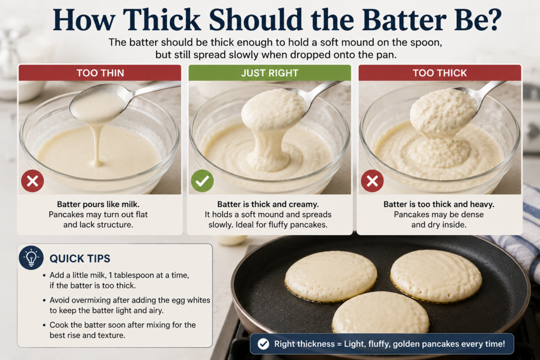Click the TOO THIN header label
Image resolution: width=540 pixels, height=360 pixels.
tap(100, 73)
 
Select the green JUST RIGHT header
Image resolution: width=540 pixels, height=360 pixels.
tap(269, 73)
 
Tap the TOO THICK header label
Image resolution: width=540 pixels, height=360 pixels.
tap(440, 73)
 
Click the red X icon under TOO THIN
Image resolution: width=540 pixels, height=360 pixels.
tap(32, 181)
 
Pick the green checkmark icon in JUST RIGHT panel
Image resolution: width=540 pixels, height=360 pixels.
tap(202, 181)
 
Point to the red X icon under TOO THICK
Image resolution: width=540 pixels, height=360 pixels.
tap(372, 181)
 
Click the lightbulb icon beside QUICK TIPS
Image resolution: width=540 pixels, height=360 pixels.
tap(31, 257)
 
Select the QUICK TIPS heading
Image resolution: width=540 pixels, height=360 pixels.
tap(80, 258)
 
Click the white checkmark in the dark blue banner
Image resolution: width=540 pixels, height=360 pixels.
tap(264, 344)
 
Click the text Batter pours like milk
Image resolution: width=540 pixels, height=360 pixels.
tap(98, 204)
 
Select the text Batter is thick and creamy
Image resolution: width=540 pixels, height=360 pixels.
tap(268, 204)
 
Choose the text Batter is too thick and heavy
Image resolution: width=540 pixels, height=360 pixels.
tap(439, 204)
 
